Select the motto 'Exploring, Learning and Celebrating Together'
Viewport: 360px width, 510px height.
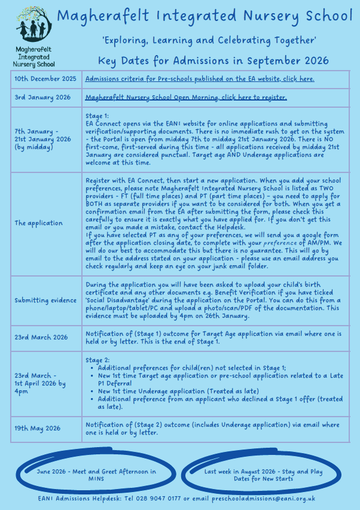click(209, 41)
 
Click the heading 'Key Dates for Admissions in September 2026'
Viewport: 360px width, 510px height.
click(213, 60)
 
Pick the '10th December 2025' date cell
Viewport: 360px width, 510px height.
click(45, 79)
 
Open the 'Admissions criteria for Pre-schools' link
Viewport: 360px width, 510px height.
click(200, 79)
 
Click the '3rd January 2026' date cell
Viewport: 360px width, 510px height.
click(42, 98)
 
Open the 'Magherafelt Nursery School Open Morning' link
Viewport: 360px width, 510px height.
click(186, 98)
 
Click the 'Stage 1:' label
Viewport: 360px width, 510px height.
click(97, 116)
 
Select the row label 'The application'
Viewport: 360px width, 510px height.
click(39, 223)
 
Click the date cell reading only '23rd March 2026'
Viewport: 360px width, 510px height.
click(41, 338)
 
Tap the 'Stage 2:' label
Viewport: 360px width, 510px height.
click(97, 360)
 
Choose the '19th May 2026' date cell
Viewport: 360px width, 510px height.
click(38, 428)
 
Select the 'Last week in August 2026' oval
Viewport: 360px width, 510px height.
click(264, 475)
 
